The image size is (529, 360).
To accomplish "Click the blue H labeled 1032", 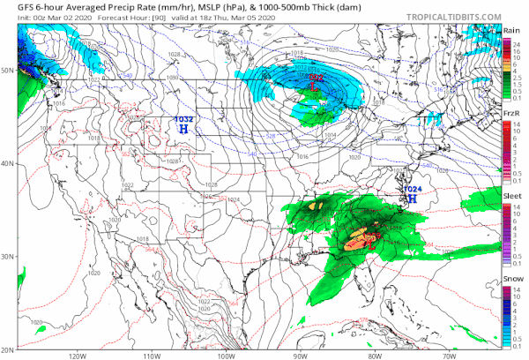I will (x=183, y=129).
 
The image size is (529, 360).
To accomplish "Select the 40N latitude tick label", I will (x=8, y=163).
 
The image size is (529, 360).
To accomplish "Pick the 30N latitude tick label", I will (x=8, y=256).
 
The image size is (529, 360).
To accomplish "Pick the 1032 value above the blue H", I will (x=183, y=118).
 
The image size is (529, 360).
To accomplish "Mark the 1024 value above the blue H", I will (x=411, y=189).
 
